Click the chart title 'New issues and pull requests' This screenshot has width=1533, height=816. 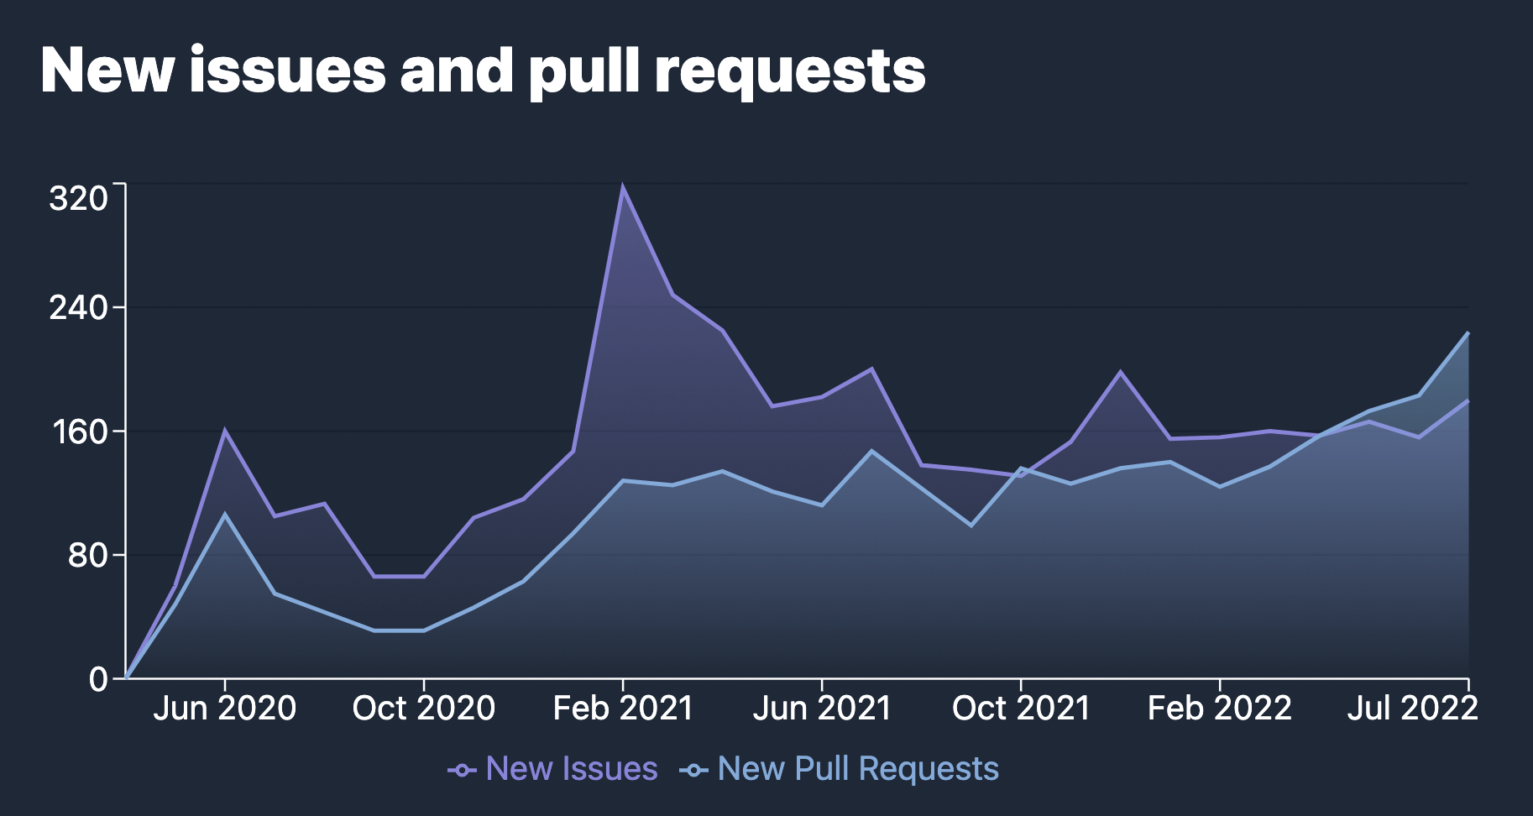[x=483, y=71]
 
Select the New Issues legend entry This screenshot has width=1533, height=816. [x=554, y=769]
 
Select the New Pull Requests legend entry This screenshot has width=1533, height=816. [x=840, y=769]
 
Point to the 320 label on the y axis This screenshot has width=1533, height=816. [x=79, y=199]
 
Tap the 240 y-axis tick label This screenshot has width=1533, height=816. [x=79, y=308]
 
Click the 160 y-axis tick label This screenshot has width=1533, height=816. [x=79, y=432]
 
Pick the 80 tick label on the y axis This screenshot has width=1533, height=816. [x=87, y=555]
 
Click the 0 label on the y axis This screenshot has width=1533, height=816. [x=98, y=678]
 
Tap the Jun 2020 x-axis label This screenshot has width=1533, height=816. [x=224, y=709]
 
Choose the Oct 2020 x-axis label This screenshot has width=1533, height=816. [x=423, y=709]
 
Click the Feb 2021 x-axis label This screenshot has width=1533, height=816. [x=622, y=709]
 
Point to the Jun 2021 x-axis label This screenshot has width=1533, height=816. [x=821, y=709]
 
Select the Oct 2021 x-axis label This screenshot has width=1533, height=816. [x=1020, y=709]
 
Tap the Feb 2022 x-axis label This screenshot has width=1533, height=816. [x=1219, y=709]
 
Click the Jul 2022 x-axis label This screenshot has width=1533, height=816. [x=1412, y=709]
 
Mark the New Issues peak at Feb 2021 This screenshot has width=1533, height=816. [x=622, y=186]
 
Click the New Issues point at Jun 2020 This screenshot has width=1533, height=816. [x=224, y=431]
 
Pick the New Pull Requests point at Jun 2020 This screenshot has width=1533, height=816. [x=224, y=514]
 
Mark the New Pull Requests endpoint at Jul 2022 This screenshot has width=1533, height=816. [x=1468, y=333]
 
